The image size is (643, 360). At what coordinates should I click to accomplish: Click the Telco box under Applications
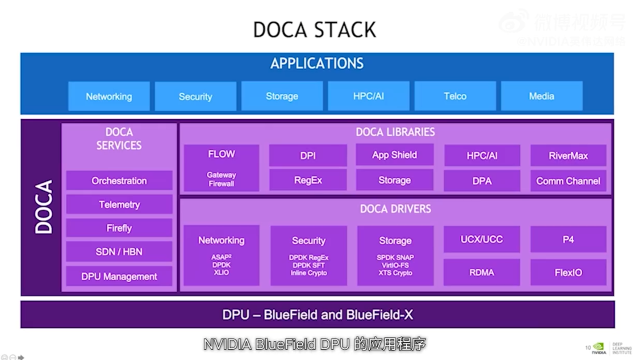455,96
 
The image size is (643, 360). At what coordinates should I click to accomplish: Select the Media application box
542,96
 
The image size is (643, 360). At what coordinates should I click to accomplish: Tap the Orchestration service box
119,180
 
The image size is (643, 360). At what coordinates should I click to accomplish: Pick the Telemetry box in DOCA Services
119,205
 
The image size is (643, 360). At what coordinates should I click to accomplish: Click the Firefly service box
119,228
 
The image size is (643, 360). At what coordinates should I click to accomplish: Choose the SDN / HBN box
119,252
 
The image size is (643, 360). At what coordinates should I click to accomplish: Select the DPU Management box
119,276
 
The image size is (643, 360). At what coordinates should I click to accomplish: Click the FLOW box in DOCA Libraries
221,168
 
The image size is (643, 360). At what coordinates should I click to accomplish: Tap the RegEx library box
308,180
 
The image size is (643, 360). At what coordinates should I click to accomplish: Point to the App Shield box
395,155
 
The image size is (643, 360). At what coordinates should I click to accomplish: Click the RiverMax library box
568,155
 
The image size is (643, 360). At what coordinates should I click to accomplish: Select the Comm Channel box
568,181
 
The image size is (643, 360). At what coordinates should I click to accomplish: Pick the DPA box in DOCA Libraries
482,181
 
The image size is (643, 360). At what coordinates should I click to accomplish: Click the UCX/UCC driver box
482,239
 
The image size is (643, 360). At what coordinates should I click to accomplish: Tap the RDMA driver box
482,272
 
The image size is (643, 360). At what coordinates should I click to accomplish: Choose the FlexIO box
568,272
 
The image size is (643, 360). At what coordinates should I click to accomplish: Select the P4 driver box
568,239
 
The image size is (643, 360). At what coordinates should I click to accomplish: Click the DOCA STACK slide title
315,30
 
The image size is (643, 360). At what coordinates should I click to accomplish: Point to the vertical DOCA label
44,206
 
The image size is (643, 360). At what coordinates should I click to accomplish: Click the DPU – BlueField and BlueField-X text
317,315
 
